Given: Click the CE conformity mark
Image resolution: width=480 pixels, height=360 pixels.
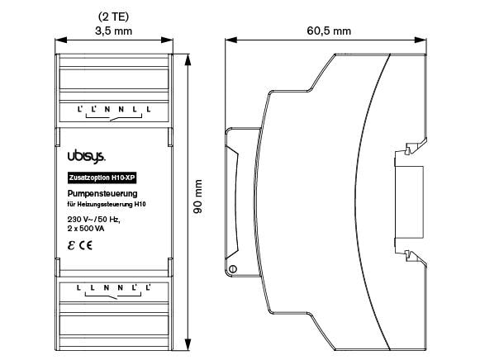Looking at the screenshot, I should pos(86,246).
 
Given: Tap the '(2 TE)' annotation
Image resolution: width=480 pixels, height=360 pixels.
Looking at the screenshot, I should pos(116,16).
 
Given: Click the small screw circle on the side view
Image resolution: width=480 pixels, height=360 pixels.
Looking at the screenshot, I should pos(233,269).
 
